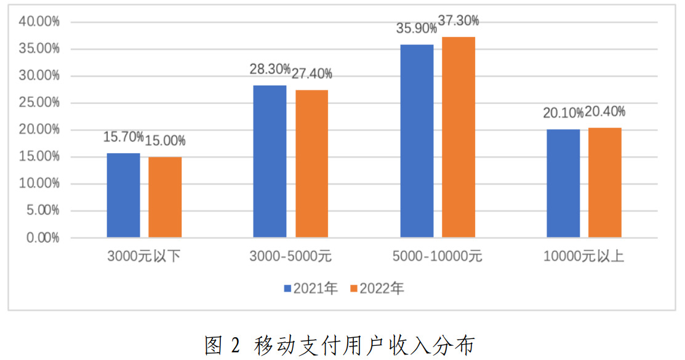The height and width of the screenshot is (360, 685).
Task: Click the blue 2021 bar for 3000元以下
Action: (x=123, y=195)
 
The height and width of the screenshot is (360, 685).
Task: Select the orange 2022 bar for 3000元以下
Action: (x=165, y=197)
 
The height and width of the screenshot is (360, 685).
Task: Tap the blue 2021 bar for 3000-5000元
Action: (x=270, y=161)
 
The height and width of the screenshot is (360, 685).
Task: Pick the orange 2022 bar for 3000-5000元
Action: (x=311, y=164)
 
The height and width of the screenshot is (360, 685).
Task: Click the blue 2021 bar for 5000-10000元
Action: (x=417, y=141)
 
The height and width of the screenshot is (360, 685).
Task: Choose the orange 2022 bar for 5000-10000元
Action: (x=459, y=137)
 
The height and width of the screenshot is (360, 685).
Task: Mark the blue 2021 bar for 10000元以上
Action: (x=563, y=183)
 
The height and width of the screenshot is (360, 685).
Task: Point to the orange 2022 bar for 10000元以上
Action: (x=605, y=183)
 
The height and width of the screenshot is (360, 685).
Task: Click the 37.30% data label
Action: (x=459, y=21)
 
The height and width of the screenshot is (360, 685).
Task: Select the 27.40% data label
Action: (x=311, y=74)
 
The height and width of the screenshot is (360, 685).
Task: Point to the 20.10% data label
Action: (x=563, y=113)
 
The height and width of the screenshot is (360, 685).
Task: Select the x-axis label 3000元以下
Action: (x=144, y=257)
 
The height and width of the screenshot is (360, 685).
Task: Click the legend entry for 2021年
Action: (x=311, y=288)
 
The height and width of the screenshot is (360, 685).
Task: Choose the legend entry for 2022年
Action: (x=377, y=288)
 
